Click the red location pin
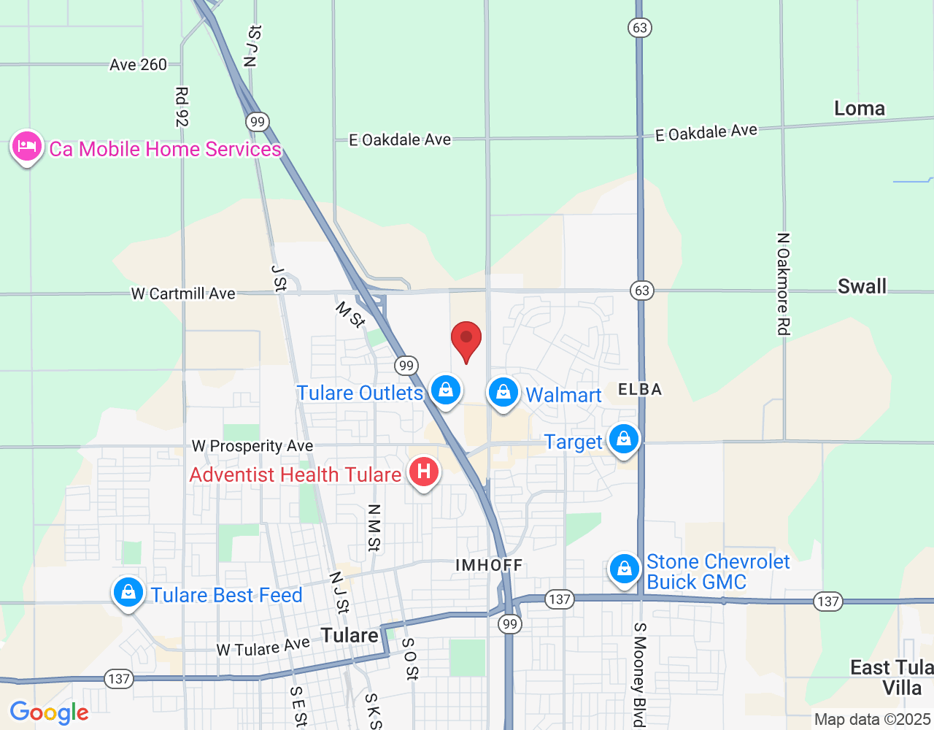click(466, 340)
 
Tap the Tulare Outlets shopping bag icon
click(446, 391)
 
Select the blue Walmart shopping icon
click(503, 393)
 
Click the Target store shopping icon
click(623, 439)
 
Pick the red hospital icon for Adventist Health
click(423, 472)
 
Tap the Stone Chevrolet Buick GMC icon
click(624, 569)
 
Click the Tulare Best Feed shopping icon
click(128, 592)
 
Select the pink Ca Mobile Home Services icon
click(27, 147)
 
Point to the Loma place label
click(860, 109)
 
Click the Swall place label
click(862, 286)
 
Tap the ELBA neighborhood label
click(640, 390)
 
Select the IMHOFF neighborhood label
click(489, 565)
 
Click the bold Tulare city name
click(350, 635)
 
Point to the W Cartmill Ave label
click(183, 293)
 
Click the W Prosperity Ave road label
click(252, 445)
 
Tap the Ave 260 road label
click(139, 65)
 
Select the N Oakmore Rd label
click(783, 284)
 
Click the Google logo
click(50, 712)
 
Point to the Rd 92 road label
click(182, 107)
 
